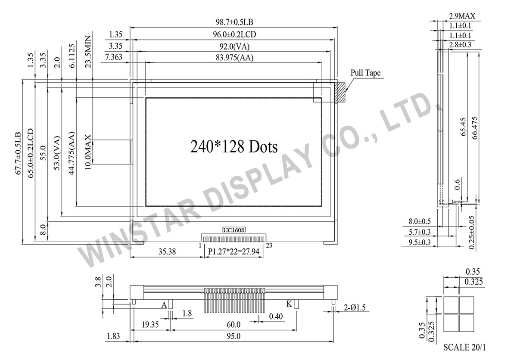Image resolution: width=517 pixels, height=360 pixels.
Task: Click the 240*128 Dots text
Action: (234, 147)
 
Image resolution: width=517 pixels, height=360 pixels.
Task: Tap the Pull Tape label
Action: (365, 73)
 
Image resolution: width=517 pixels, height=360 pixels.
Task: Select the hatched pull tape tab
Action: (340, 92)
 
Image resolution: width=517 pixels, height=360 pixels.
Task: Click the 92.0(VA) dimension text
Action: (234, 46)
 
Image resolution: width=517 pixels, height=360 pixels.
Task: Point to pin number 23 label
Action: (269, 245)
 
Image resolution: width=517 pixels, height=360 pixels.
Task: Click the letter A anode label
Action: (164, 305)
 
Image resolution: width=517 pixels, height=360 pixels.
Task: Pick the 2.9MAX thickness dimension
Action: (462, 16)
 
